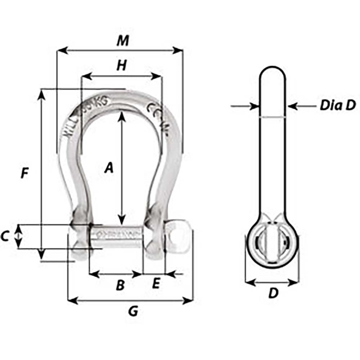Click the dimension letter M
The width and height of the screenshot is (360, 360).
click(122, 41)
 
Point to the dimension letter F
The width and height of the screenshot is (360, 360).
click(24, 174)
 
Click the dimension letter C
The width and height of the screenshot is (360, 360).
click(5, 237)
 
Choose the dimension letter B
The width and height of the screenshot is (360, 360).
click(120, 285)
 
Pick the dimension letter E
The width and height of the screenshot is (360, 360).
click(156, 284)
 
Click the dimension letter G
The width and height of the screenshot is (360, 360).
click(133, 311)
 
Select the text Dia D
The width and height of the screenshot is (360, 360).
click(337, 105)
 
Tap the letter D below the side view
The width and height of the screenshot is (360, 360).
click(274, 293)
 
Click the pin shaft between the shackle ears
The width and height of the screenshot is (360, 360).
click(117, 236)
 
